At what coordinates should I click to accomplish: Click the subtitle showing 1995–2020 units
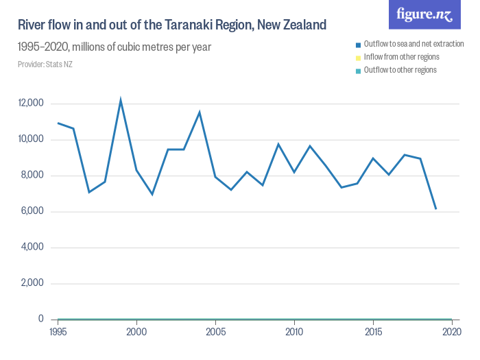pos(114,47)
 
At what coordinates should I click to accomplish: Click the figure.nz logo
pos(424,14)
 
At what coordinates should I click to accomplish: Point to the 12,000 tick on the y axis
pos(31,104)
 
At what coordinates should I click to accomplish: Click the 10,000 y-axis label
pos(31,139)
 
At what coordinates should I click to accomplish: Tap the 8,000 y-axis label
pos(32,176)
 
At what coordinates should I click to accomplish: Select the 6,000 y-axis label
pos(32,211)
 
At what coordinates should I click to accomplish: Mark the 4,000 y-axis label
pos(32,248)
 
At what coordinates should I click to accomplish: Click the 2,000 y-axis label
pos(32,283)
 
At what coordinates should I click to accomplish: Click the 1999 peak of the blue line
pos(121,100)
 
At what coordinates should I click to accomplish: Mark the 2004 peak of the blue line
pos(200,112)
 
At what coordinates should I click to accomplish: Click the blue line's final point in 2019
pos(436,208)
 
